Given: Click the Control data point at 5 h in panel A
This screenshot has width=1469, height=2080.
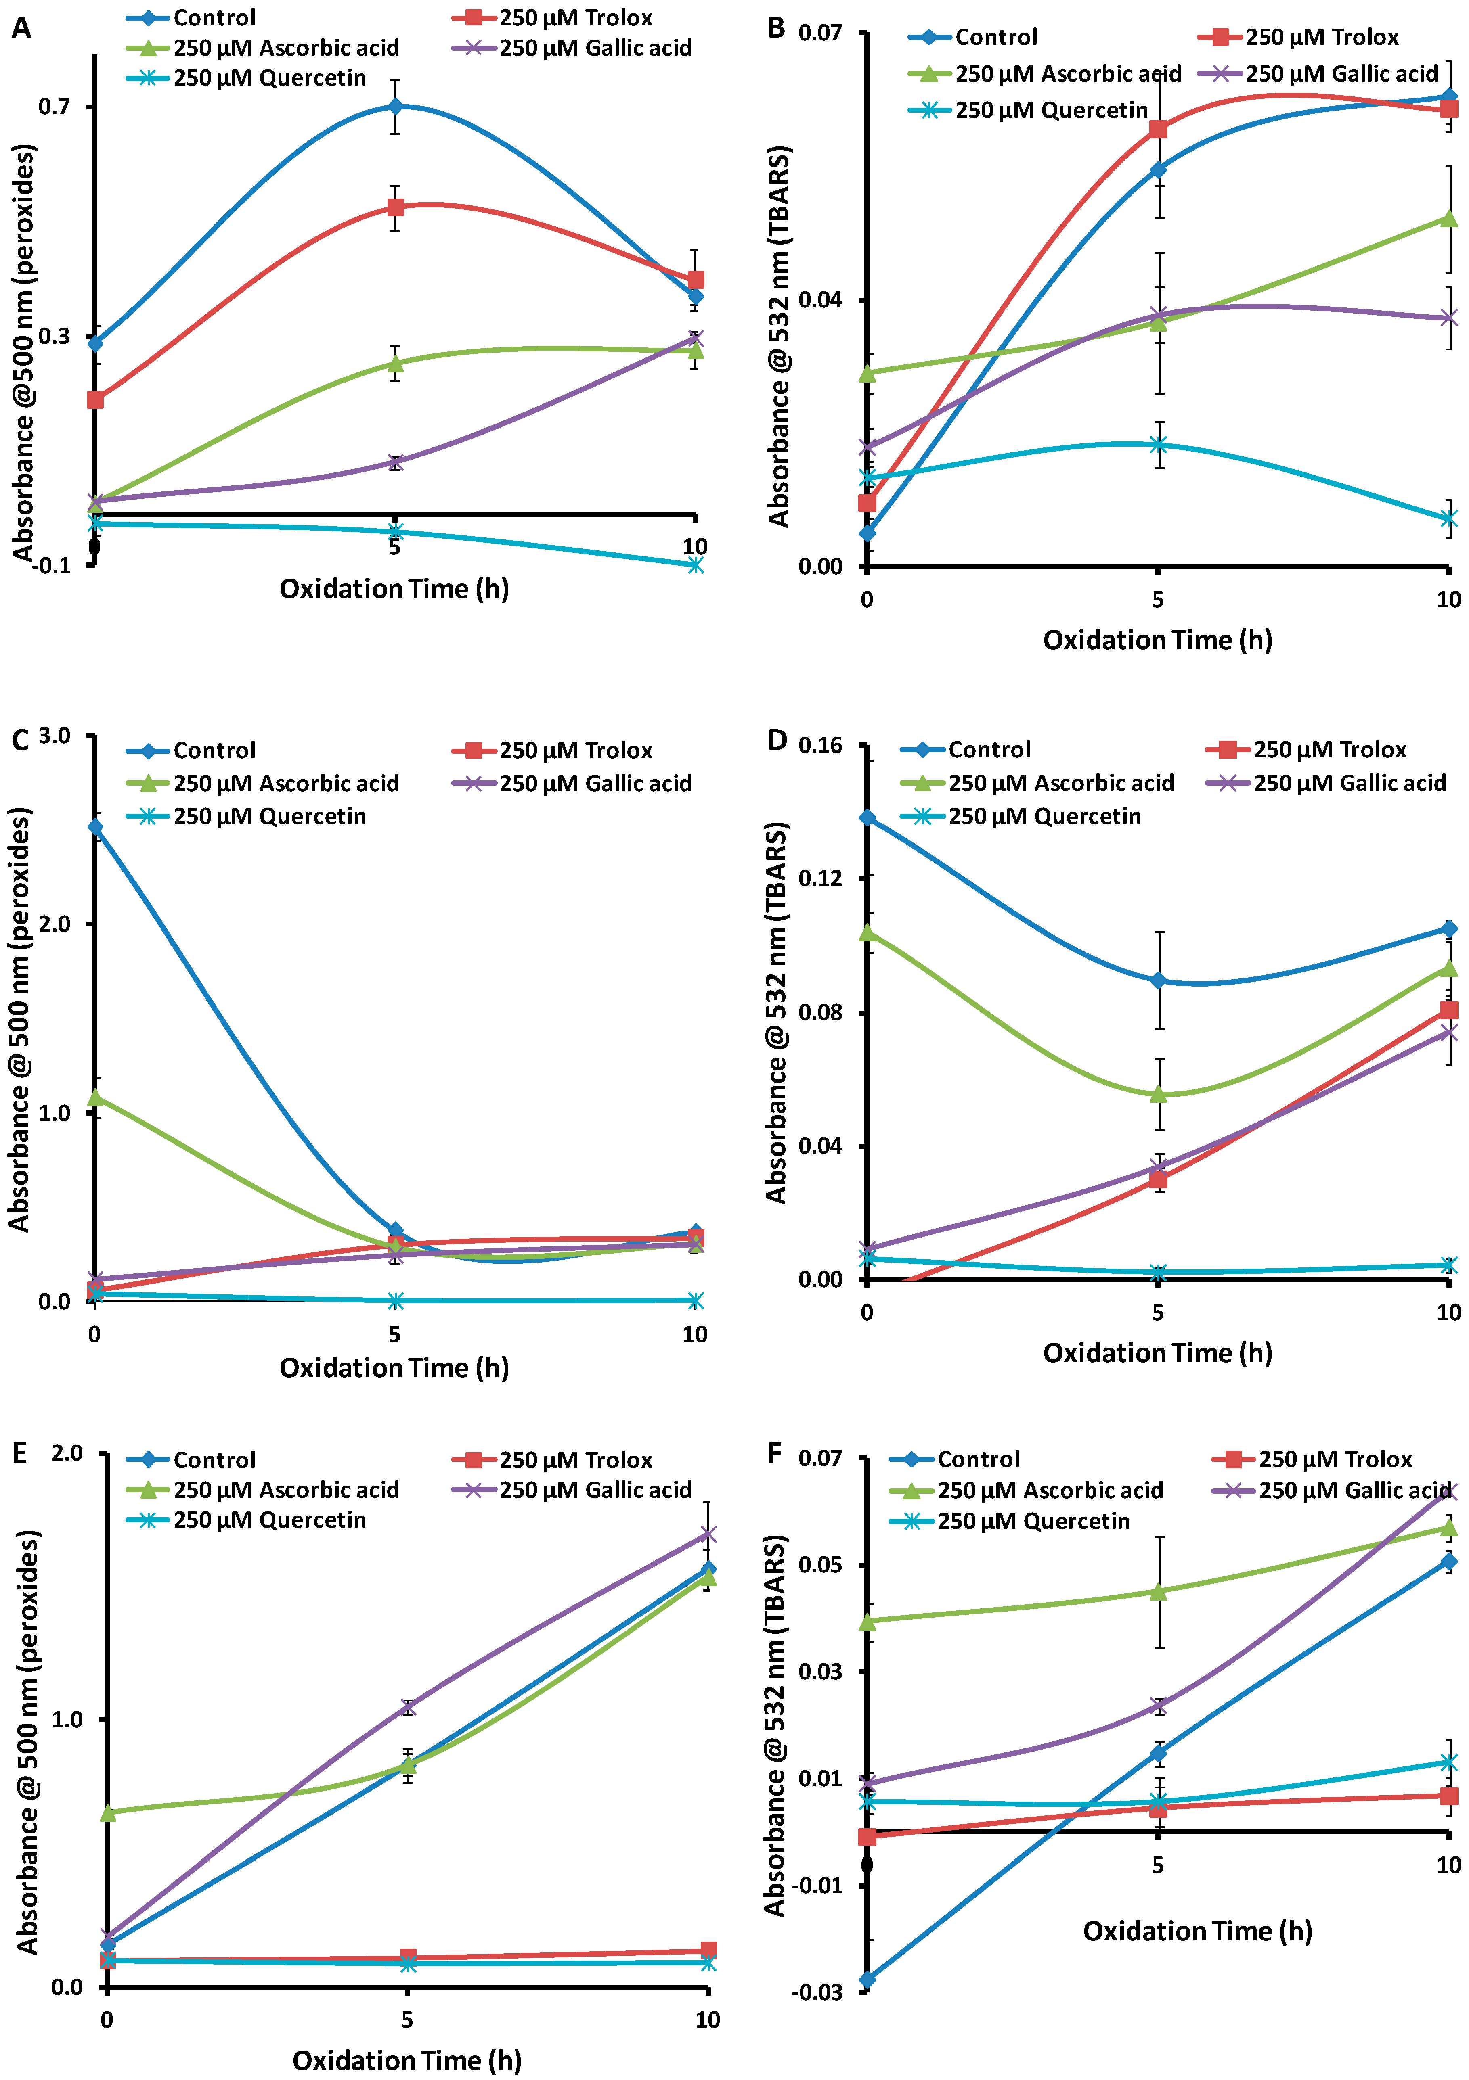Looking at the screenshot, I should pos(395,106).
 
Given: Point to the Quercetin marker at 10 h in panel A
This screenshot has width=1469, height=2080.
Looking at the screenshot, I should pos(695,564).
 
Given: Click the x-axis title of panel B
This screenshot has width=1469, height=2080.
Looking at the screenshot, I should pos(1157,640).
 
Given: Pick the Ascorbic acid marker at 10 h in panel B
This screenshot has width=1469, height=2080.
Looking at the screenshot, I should pos(1448,218).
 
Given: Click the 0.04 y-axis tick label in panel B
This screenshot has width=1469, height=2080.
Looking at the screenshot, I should pos(820,300).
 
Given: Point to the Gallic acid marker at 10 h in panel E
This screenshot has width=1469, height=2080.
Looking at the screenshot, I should pos(708,1534).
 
